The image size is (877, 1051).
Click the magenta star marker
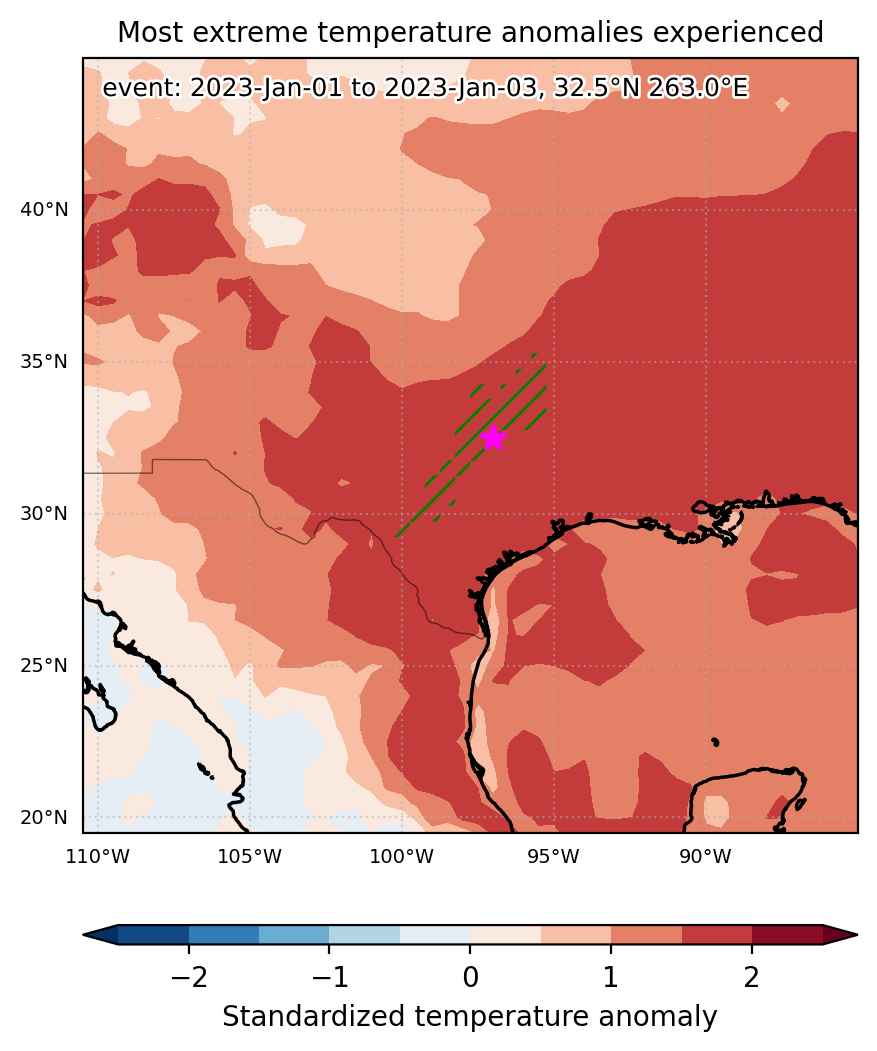493,438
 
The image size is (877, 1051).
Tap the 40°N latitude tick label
44,210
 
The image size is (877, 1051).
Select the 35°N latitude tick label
44,362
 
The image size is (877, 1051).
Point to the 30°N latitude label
44,513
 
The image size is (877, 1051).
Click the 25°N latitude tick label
44,666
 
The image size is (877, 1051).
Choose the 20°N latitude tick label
44,818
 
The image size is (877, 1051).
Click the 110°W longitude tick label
98,857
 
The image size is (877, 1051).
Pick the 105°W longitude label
250,857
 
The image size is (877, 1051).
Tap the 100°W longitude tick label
402,857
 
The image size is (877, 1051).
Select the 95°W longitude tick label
554,857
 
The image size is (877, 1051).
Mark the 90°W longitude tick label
706,857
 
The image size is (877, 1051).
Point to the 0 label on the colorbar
470,978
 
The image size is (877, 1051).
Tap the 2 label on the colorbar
752,978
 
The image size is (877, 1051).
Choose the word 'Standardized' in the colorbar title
314,1017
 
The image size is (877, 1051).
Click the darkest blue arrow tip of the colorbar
85,934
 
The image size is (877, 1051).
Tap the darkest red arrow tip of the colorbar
856,934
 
